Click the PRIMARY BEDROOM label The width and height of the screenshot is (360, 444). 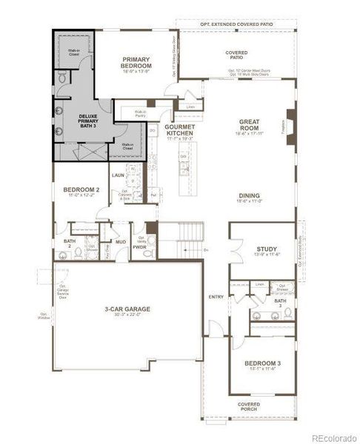(136, 62)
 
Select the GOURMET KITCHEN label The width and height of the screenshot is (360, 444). (180, 131)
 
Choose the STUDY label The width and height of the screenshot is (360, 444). (267, 251)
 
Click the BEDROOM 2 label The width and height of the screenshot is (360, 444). (81, 192)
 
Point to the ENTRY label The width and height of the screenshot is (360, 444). (216, 297)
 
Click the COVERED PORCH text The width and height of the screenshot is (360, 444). (248, 407)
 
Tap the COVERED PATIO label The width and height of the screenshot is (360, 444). (237, 54)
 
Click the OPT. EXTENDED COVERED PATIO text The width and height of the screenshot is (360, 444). (237, 24)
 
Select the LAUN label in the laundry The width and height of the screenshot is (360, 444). (118, 175)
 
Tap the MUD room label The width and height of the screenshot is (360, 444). (119, 241)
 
